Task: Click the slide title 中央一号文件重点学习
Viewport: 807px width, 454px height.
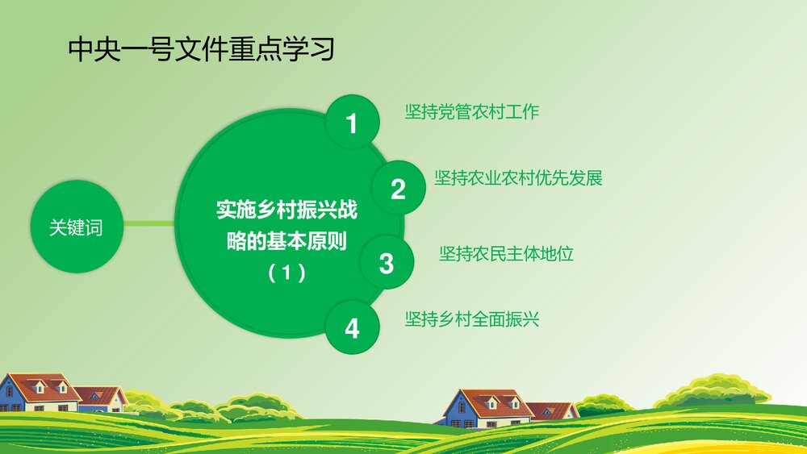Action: coord(201,50)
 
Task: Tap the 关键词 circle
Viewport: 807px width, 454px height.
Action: coord(76,228)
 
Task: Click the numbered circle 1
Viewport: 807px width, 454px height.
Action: coord(351,123)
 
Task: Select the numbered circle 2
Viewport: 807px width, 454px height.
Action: coord(398,189)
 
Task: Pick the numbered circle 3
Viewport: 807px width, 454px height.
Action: coord(387,263)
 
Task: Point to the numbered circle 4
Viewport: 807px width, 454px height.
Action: coord(352,328)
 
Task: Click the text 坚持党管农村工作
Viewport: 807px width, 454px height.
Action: coord(471,112)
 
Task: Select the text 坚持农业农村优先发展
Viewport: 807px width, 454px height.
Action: coord(518,178)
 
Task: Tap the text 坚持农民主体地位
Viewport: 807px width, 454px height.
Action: coord(506,253)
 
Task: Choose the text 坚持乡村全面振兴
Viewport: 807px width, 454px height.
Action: coord(471,319)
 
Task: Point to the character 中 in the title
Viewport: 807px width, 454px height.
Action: coord(81,50)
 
